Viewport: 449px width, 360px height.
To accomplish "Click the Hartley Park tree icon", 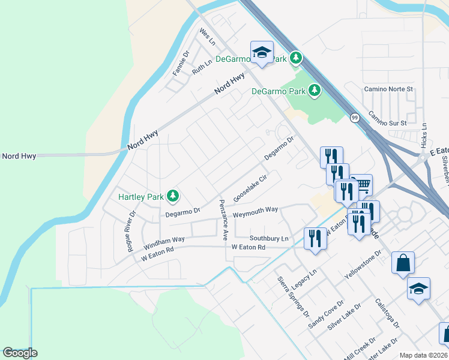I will [x=173, y=196].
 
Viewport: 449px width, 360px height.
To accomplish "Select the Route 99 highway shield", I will [x=355, y=118].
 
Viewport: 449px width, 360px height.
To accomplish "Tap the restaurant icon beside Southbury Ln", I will [x=315, y=238].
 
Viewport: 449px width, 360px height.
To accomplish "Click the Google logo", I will [x=20, y=353].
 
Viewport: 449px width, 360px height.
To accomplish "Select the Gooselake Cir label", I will [x=250, y=188].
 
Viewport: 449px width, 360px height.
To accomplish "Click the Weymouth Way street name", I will [x=256, y=210].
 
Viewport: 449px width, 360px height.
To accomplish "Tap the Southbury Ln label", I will [x=270, y=238].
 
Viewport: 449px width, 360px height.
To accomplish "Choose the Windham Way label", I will [x=164, y=243].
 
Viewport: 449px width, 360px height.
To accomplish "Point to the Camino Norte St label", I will [x=389, y=89].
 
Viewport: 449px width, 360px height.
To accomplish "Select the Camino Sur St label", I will [x=388, y=118].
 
